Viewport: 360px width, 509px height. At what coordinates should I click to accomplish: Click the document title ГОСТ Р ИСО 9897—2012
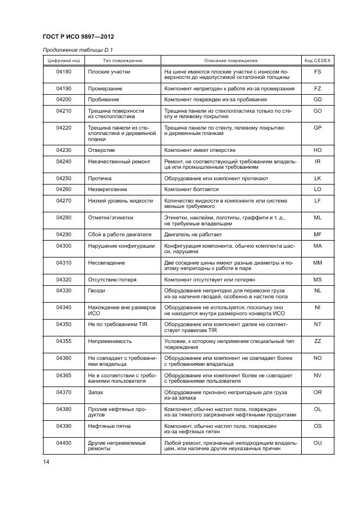(78, 36)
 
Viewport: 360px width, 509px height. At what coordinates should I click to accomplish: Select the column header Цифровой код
(64, 60)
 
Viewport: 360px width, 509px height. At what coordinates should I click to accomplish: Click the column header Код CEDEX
(318, 60)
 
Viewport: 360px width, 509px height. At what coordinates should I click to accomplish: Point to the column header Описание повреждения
(231, 60)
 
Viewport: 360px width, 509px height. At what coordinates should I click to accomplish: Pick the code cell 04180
(64, 71)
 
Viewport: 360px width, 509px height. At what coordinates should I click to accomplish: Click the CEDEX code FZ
(318, 88)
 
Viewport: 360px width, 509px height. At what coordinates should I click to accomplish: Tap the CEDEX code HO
(318, 150)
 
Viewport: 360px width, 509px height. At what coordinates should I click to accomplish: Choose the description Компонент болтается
(192, 189)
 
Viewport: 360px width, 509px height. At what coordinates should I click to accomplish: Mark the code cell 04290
(64, 234)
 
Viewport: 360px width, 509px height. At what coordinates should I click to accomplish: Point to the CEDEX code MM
(318, 262)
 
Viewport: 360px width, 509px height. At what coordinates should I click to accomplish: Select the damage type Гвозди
(97, 291)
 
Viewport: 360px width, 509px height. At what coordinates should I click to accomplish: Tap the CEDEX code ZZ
(318, 341)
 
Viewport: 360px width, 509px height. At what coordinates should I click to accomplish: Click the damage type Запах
(96, 391)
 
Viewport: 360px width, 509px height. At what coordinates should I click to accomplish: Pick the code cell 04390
(64, 425)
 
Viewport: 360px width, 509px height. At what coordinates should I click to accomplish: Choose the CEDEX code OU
(318, 443)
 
